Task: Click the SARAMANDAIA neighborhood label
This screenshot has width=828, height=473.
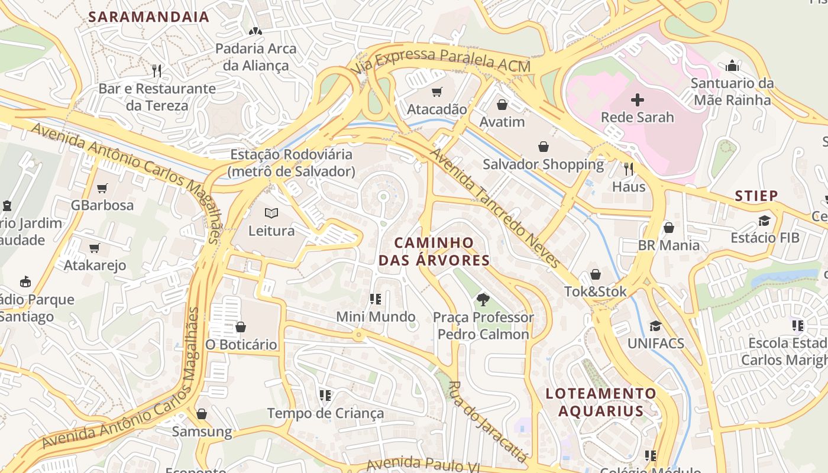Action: click(149, 17)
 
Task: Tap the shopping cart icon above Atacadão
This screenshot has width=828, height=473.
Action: click(436, 92)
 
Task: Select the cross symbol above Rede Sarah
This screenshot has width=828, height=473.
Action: click(637, 99)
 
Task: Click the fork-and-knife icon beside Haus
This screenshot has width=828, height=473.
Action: click(629, 169)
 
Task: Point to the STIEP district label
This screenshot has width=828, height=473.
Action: click(756, 196)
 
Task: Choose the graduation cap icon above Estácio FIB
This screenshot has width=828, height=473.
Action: click(764, 221)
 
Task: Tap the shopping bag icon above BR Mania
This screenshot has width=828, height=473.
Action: click(668, 228)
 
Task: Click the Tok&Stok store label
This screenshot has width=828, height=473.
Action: click(595, 291)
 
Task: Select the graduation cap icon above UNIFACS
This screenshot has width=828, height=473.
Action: click(655, 326)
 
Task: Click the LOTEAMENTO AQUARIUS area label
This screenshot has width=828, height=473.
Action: click(601, 402)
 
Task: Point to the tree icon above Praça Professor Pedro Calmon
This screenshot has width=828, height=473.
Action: click(483, 299)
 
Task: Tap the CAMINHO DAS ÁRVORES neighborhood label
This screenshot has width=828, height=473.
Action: click(434, 251)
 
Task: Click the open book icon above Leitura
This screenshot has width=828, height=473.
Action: click(271, 213)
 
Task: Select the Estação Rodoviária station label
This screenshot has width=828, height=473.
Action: click(291, 163)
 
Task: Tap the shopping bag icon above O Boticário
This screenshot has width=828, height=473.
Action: click(240, 326)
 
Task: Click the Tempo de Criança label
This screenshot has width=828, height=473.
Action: click(325, 413)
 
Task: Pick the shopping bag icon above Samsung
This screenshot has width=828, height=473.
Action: click(202, 414)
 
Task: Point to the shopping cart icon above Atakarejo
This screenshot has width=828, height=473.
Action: click(94, 248)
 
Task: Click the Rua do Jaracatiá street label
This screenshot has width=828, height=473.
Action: click(486, 421)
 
